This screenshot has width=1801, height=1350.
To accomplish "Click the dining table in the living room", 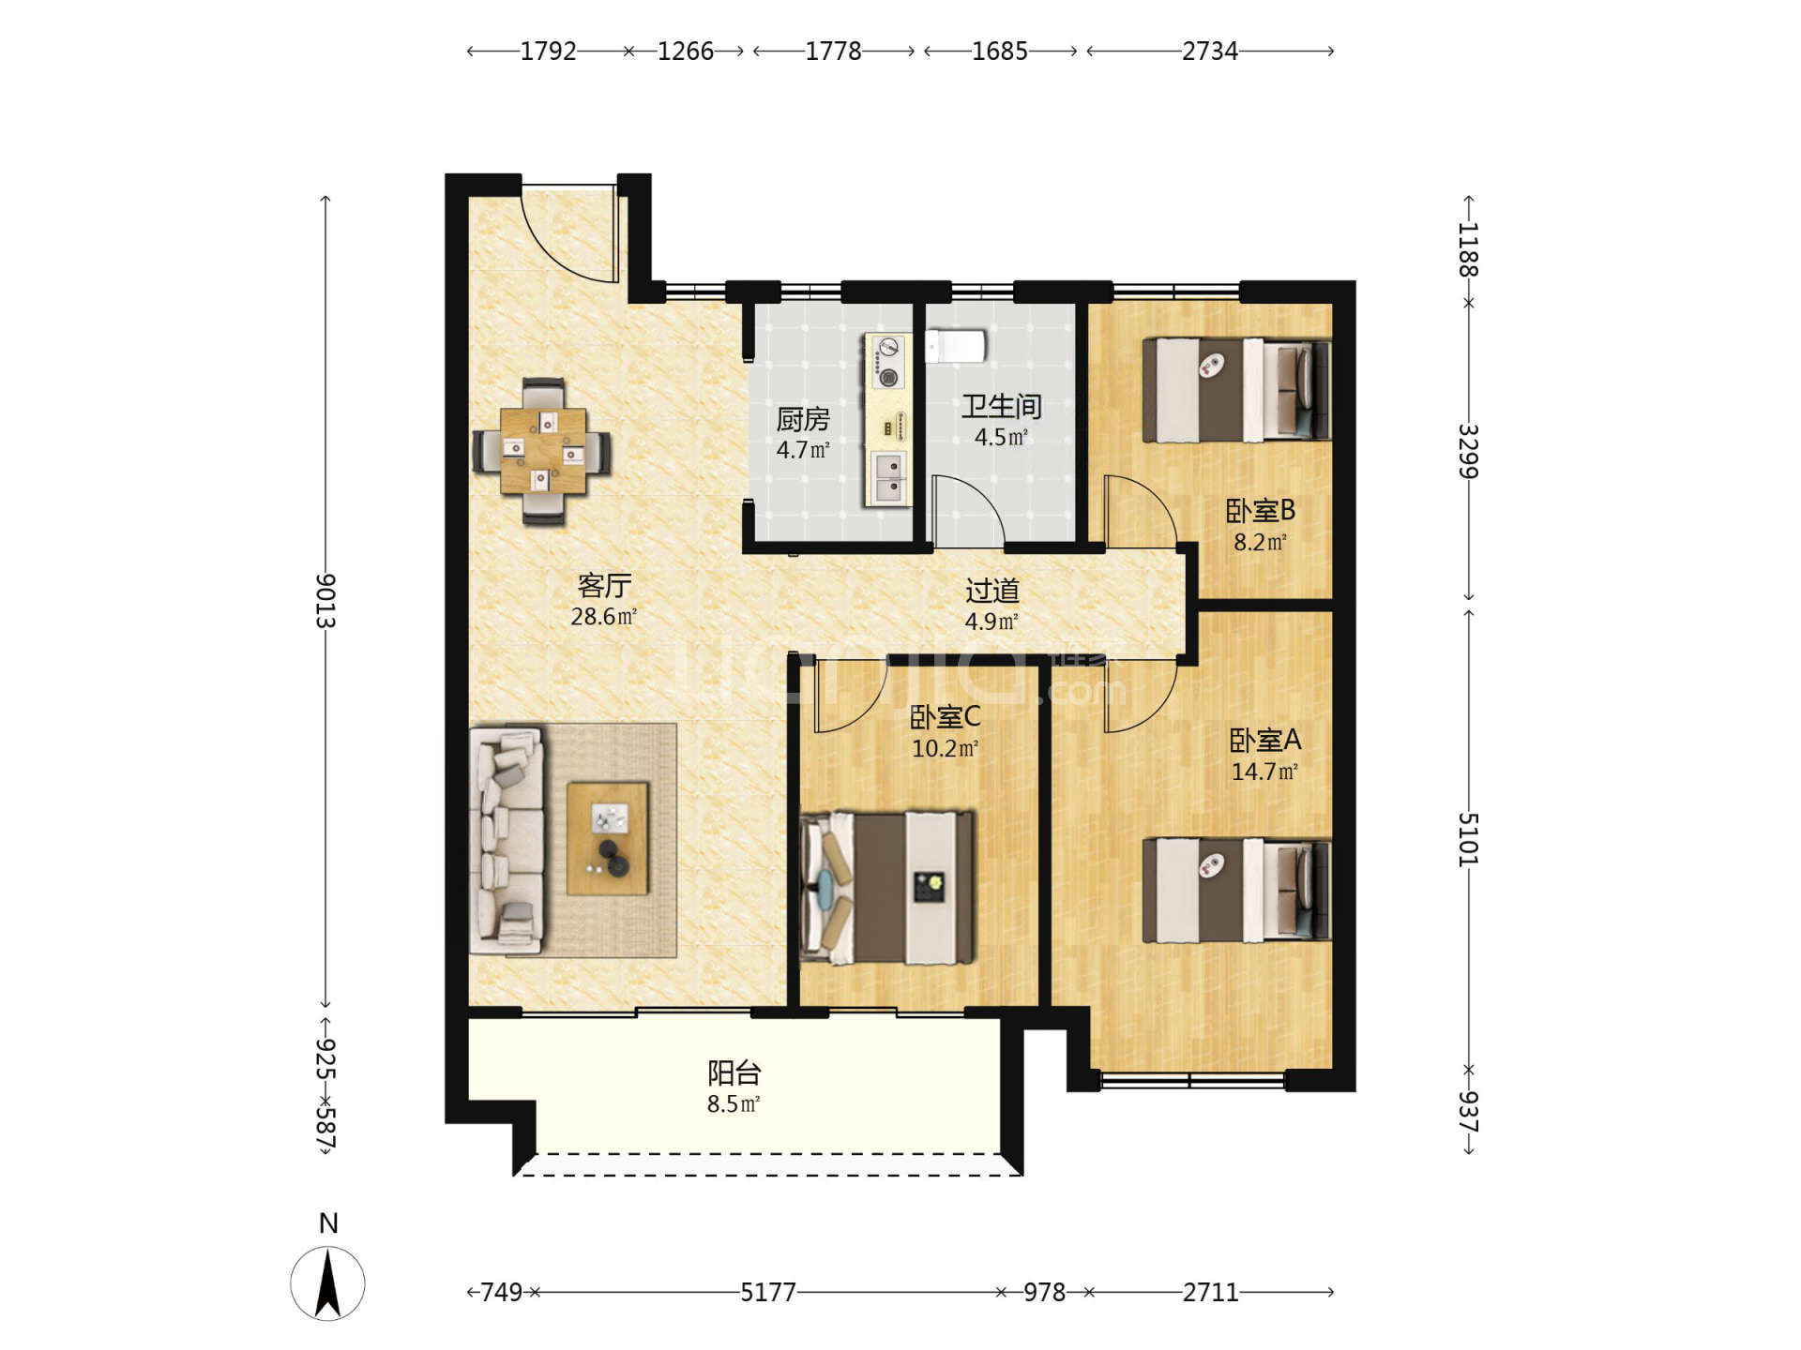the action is (543, 451).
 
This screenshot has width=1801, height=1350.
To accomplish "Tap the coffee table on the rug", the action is (608, 838).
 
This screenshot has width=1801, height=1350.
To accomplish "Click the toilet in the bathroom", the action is (955, 345).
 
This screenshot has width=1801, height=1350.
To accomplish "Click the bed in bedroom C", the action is (887, 888).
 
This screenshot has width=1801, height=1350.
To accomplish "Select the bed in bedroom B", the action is (1236, 390).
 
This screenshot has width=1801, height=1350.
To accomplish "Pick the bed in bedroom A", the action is (1236, 890).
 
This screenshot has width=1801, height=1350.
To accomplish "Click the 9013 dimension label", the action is (325, 601).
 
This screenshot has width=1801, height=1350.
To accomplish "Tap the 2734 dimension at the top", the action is (1210, 51).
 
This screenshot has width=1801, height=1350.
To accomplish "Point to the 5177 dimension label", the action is (768, 1292).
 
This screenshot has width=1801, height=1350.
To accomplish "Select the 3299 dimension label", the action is (1469, 451).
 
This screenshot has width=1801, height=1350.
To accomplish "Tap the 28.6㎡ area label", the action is (604, 616).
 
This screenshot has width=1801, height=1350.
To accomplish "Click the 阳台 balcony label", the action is (734, 1072).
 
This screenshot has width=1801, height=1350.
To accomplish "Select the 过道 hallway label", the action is (992, 590).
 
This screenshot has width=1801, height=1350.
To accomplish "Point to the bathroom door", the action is (968, 512).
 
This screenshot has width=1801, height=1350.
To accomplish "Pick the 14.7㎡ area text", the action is (1264, 772).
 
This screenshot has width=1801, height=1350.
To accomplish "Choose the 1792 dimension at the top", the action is (548, 51).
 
